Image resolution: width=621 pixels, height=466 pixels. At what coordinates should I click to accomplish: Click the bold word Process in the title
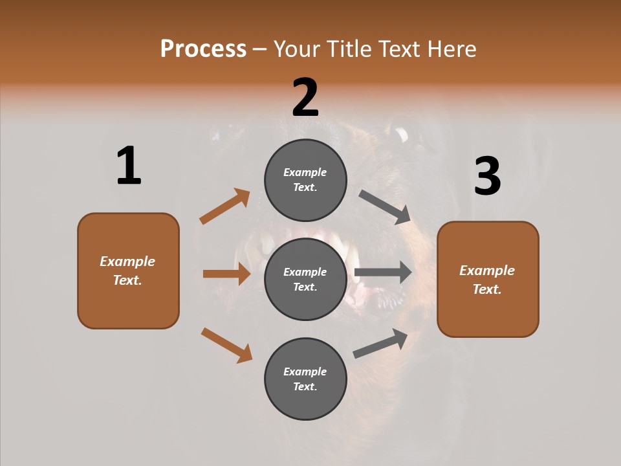click(x=203, y=49)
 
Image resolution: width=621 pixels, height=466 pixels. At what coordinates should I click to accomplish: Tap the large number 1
click(x=129, y=166)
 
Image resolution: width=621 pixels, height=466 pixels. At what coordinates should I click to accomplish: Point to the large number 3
click(x=487, y=176)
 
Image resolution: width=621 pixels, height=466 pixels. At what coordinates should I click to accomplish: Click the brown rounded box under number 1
click(x=128, y=271)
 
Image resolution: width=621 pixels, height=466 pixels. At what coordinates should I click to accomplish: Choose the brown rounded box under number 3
click(x=488, y=279)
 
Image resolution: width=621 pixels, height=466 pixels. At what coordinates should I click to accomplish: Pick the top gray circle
click(x=305, y=180)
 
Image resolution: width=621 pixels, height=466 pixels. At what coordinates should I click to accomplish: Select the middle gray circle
click(x=305, y=279)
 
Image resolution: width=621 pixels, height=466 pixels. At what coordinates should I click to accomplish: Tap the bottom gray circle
click(x=305, y=379)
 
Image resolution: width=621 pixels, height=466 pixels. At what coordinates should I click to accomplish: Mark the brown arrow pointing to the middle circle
click(x=226, y=274)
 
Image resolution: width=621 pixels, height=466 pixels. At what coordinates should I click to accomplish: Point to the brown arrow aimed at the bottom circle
click(x=226, y=345)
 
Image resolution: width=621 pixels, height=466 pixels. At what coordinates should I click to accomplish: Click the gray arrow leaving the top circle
click(x=385, y=207)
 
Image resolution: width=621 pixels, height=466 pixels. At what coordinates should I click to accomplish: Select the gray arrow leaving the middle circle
click(x=383, y=272)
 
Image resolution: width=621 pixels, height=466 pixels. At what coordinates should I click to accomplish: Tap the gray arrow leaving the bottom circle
click(x=380, y=343)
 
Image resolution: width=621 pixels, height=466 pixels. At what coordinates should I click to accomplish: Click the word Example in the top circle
click(x=305, y=172)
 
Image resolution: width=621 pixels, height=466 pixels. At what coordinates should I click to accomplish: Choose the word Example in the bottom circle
click(x=305, y=372)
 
